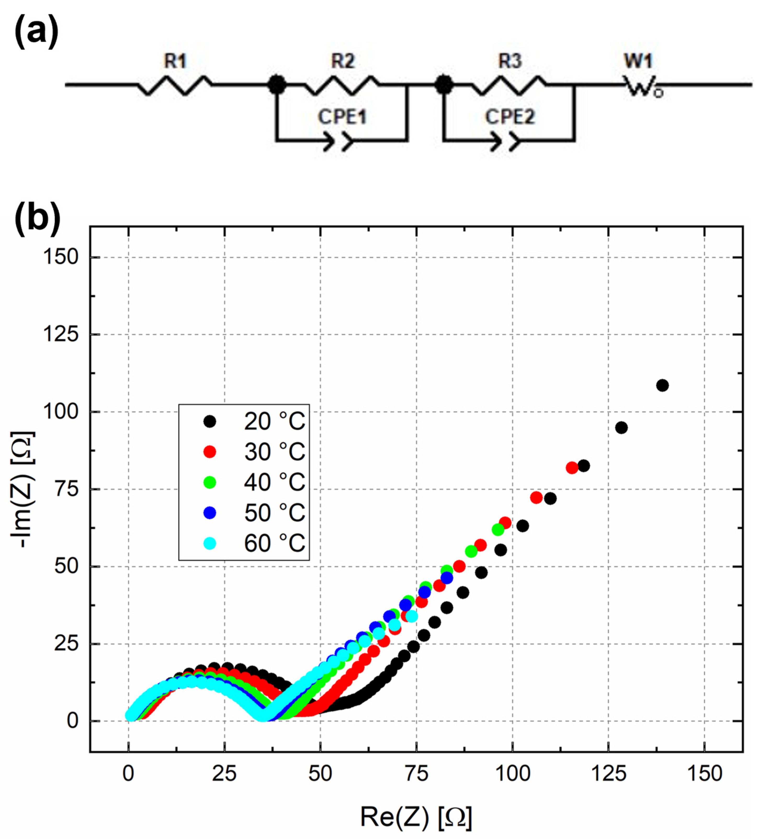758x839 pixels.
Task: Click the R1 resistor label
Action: (x=175, y=62)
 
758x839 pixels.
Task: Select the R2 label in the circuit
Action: (x=343, y=62)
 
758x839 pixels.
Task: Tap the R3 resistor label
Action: (x=510, y=62)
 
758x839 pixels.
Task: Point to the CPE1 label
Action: (x=342, y=117)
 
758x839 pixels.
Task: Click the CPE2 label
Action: (x=510, y=117)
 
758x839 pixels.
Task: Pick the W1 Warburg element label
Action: (x=638, y=62)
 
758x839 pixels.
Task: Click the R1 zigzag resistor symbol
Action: (x=175, y=85)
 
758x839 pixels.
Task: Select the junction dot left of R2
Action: (x=277, y=85)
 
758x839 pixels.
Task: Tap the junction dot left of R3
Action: (x=444, y=85)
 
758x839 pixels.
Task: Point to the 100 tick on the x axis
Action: (x=513, y=774)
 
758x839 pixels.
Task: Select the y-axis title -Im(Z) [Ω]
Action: (x=23, y=490)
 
